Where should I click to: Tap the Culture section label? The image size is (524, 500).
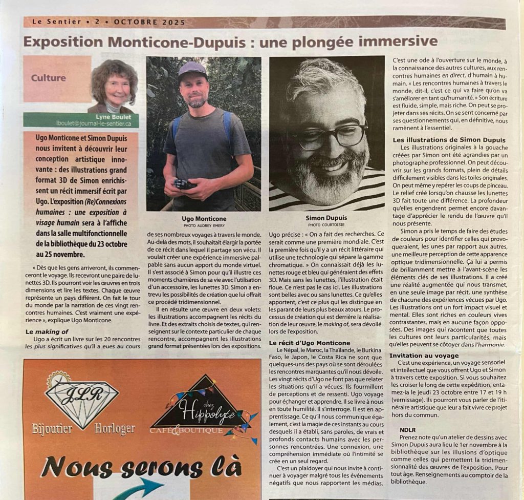click(48, 78)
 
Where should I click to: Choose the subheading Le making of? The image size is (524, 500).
click(47, 331)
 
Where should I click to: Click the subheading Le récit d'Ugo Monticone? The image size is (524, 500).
click(310, 343)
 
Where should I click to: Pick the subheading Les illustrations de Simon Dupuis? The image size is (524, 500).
click(449, 139)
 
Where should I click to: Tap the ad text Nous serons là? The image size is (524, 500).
click(141, 468)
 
